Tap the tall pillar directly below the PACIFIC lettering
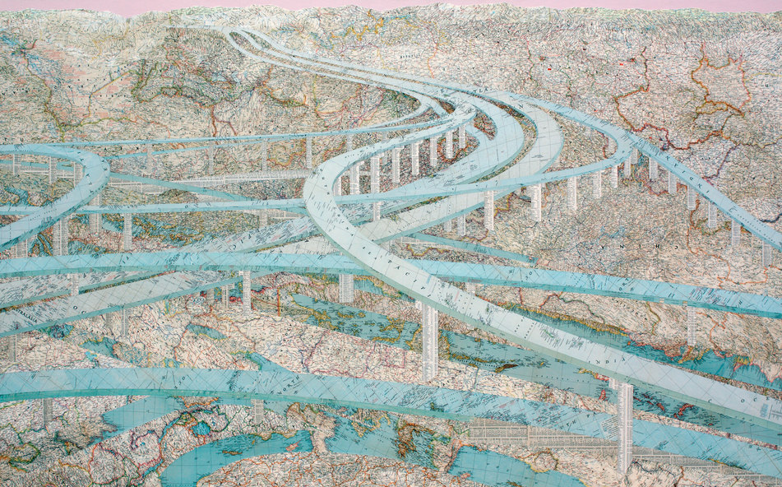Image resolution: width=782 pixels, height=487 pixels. point(429,341)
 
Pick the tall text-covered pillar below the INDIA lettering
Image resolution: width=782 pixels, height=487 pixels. point(625,428)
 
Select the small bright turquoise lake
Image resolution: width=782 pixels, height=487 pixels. point(200,428)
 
